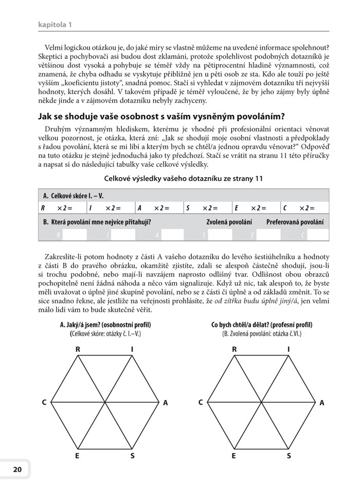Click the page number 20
pyautogui.click(x=17, y=469)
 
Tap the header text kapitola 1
pyautogui.click(x=55, y=24)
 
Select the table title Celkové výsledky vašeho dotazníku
pyautogui.click(x=184, y=179)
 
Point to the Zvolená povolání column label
pyautogui.click(x=229, y=222)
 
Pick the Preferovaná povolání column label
pyautogui.click(x=295, y=222)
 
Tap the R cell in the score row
pyautogui.click(x=43, y=208)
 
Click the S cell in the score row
pyautogui.click(x=188, y=208)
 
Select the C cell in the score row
pyautogui.click(x=284, y=208)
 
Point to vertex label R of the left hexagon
pyautogui.click(x=78, y=350)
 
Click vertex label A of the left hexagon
pyautogui.click(x=165, y=403)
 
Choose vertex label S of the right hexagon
pyautogui.click(x=289, y=456)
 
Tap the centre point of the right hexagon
pyautogui.click(x=261, y=402)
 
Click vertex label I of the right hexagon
pyautogui.click(x=289, y=350)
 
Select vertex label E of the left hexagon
pyautogui.click(x=78, y=456)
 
